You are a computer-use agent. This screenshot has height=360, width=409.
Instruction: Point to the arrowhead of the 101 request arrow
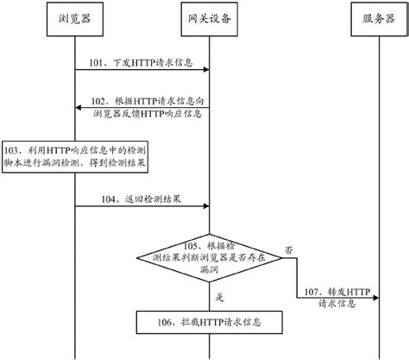[x=205, y=72]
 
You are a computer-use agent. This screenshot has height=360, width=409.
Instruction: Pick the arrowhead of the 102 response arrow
[x=79, y=108]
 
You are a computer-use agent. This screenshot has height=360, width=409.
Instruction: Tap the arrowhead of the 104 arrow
[x=205, y=205]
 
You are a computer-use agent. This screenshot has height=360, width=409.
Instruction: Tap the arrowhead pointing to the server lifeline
[x=368, y=300]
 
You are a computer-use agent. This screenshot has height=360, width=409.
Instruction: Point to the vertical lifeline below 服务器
[x=372, y=173]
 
